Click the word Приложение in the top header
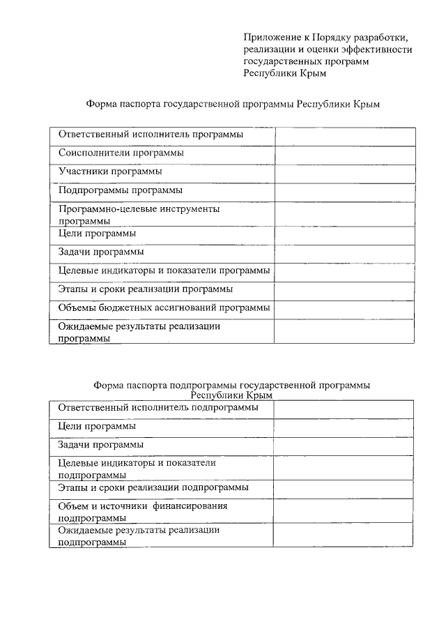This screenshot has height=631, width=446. tap(272, 37)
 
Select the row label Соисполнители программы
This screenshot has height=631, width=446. tap(121, 152)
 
